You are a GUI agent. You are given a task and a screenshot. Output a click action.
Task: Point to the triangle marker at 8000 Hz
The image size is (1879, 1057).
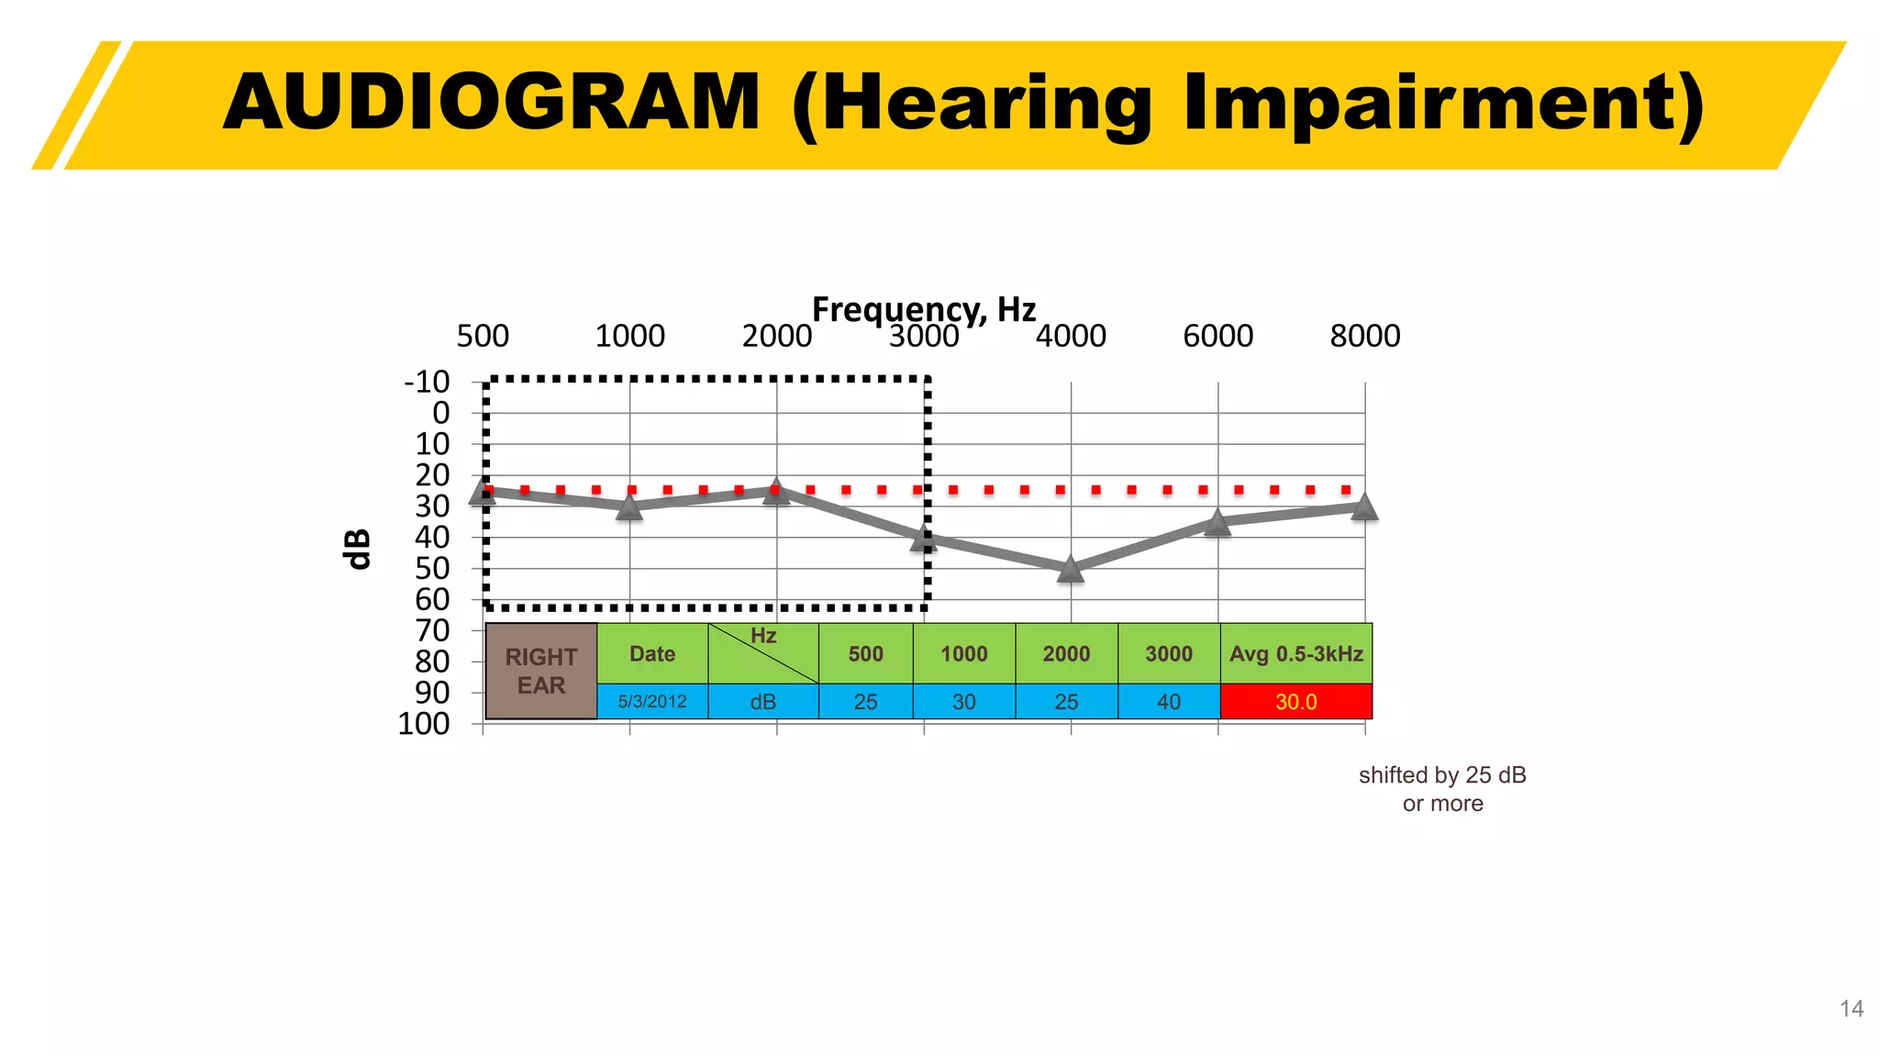1364,506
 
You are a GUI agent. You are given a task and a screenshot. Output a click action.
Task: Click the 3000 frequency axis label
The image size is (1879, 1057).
924,337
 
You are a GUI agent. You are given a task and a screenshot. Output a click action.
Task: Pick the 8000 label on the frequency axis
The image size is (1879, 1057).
1364,337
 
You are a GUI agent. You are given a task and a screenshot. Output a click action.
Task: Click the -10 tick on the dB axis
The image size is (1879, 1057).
428,382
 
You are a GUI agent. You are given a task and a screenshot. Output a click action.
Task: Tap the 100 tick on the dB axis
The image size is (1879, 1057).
424,724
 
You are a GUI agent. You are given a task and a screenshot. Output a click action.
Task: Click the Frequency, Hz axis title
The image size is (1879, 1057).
924,309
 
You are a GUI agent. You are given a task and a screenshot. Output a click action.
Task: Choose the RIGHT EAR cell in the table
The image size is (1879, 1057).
541,671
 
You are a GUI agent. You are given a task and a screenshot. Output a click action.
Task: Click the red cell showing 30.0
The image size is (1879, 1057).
1295,702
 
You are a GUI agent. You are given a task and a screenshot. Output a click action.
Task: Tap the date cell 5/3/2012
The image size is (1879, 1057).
652,702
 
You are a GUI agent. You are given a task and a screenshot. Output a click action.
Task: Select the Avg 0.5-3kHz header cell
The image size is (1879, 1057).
1295,654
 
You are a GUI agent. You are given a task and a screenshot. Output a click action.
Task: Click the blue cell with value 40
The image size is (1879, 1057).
1168,702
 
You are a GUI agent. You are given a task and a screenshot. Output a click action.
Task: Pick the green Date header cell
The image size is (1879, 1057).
652,654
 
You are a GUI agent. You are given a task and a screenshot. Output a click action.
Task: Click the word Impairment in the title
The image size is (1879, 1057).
1443,103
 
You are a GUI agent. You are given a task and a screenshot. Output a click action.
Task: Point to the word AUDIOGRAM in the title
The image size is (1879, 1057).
492,103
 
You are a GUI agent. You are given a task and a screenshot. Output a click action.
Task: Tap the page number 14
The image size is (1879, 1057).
1851,1009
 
